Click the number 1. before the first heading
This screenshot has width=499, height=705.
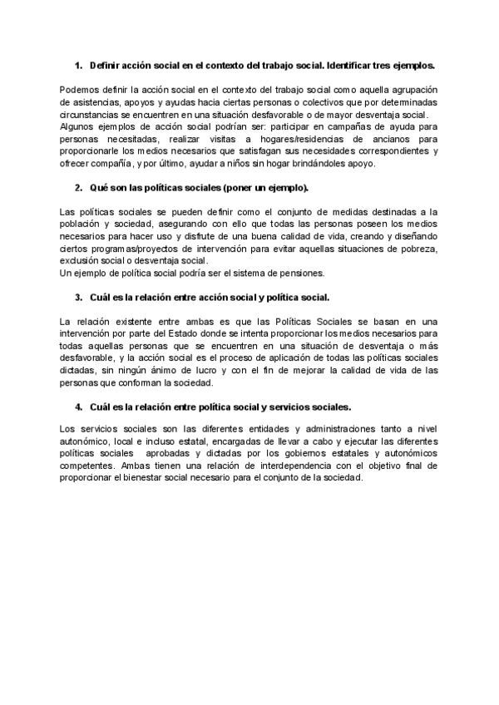[78, 64]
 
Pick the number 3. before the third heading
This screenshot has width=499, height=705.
[78, 297]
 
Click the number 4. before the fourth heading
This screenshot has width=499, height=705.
[78, 407]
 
